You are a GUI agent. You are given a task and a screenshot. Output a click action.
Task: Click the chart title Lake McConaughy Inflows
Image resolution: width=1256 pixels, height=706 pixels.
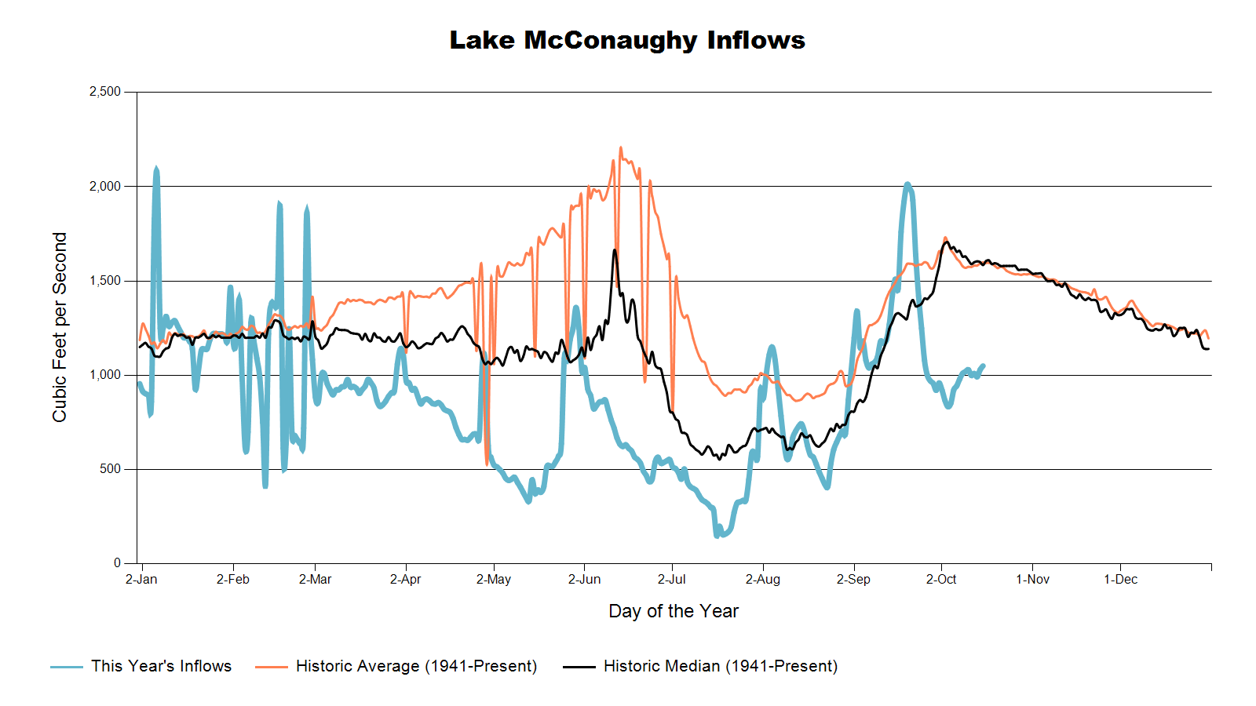pyautogui.click(x=627, y=40)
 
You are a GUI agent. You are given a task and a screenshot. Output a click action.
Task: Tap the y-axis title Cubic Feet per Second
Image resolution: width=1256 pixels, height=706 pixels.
pyautogui.click(x=60, y=327)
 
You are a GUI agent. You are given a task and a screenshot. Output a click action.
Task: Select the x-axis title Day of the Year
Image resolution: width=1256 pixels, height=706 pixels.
pyautogui.click(x=674, y=611)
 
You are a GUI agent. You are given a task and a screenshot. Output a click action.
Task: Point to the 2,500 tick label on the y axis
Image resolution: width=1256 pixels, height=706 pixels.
pyautogui.click(x=105, y=92)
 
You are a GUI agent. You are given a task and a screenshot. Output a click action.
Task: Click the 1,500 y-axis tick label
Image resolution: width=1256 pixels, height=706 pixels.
pyautogui.click(x=105, y=281)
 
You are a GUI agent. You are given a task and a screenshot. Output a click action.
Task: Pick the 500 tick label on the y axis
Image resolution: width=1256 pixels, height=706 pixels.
pyautogui.click(x=111, y=469)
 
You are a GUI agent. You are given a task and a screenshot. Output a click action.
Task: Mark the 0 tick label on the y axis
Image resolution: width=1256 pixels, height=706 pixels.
pyautogui.click(x=117, y=563)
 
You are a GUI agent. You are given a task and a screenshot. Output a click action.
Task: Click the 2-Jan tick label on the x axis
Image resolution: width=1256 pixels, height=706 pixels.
pyautogui.click(x=141, y=580)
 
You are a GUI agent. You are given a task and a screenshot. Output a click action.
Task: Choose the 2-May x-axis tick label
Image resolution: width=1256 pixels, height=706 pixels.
pyautogui.click(x=494, y=580)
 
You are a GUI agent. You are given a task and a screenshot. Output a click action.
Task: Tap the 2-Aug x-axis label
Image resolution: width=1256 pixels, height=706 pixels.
pyautogui.click(x=762, y=580)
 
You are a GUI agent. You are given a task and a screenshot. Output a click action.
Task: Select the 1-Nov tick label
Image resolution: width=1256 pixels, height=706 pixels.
pyautogui.click(x=1032, y=580)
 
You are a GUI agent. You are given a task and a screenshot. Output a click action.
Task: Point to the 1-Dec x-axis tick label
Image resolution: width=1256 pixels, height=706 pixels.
pyautogui.click(x=1120, y=580)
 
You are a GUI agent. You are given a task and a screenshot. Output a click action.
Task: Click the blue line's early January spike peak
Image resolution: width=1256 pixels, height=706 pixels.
pyautogui.click(x=156, y=169)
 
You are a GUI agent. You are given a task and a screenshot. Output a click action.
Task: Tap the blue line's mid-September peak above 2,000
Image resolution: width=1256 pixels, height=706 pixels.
pyautogui.click(x=907, y=184)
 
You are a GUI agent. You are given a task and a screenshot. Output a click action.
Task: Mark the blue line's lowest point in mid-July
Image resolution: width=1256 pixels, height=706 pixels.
pyautogui.click(x=717, y=535)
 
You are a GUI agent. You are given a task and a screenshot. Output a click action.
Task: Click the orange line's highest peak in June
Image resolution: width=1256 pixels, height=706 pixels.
pyautogui.click(x=620, y=147)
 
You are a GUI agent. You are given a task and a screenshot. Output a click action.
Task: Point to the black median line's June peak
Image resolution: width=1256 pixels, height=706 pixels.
pyautogui.click(x=615, y=250)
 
